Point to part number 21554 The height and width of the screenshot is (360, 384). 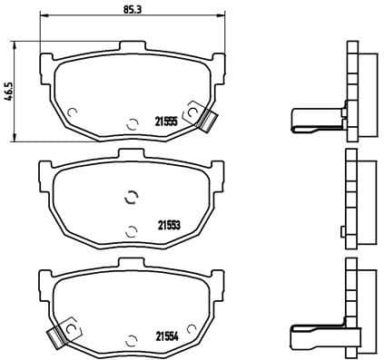167,334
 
